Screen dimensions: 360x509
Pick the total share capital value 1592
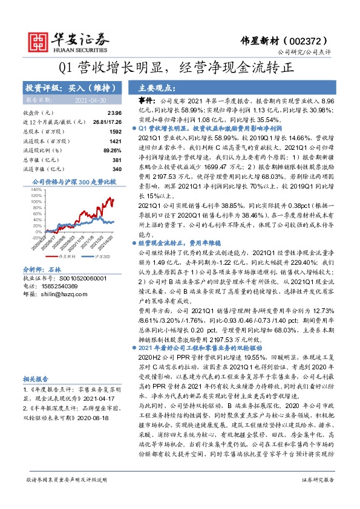click(116, 131)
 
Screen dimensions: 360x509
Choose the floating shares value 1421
click(116, 140)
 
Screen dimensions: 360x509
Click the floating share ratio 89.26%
click(111, 149)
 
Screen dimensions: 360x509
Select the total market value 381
click(117, 159)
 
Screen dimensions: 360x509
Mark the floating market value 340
click(117, 168)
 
